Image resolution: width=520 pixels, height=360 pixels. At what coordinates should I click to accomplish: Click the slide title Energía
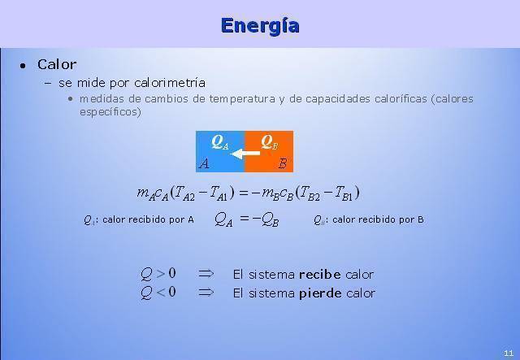click(260, 26)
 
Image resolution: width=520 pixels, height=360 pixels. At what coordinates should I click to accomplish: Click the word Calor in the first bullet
click(57, 64)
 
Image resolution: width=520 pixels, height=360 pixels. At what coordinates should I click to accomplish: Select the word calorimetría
click(170, 83)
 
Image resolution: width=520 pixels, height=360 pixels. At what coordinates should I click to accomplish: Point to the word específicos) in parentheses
click(110, 112)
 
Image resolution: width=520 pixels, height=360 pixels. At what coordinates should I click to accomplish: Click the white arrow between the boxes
click(245, 154)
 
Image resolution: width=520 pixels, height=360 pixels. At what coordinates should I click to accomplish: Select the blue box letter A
click(204, 163)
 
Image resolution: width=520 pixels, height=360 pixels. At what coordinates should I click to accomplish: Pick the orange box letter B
click(282, 163)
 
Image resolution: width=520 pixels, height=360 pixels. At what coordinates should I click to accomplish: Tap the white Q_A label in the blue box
click(220, 142)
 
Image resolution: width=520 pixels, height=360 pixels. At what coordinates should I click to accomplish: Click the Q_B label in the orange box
click(269, 142)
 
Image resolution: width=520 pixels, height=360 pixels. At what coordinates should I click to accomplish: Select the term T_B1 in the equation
click(343, 193)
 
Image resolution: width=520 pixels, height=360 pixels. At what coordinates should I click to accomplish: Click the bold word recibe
click(319, 275)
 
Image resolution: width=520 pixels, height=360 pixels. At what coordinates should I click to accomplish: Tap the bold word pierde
click(320, 293)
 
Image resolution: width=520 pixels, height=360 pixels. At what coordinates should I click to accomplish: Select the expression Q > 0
click(158, 274)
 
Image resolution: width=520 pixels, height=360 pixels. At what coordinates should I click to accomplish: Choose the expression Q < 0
click(158, 293)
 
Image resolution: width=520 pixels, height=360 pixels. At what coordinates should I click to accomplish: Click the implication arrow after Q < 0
click(206, 293)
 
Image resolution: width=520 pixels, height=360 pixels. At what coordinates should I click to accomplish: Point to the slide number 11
click(509, 353)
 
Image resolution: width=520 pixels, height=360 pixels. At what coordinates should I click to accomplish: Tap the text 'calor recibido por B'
click(378, 219)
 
